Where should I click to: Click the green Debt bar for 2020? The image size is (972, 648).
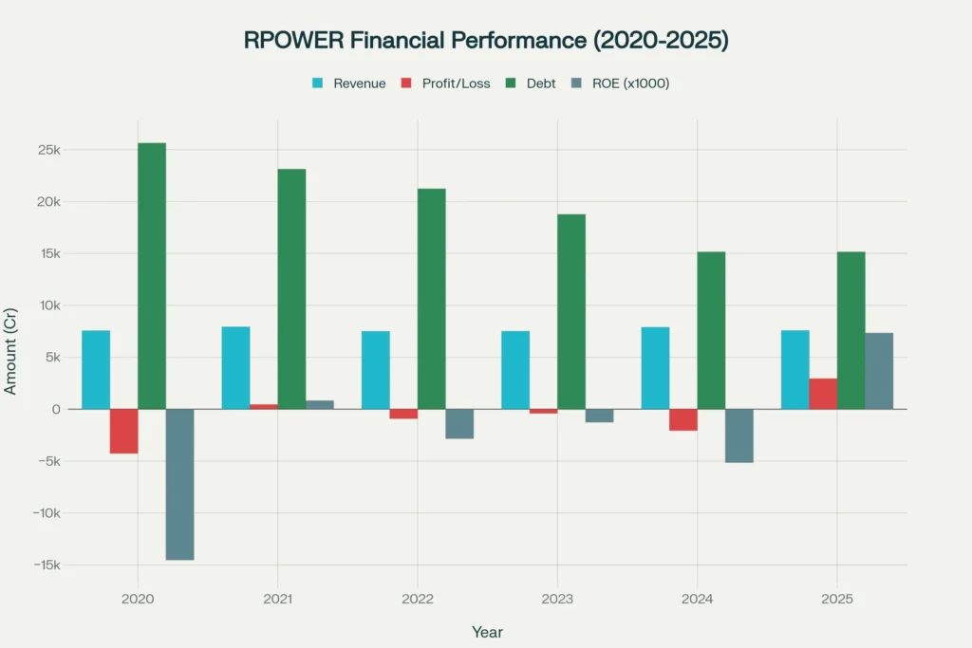pos(152,275)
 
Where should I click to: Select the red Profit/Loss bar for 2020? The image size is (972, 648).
pos(123,431)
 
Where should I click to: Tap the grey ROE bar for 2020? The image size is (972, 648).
pos(179,484)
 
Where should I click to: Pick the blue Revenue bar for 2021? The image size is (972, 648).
pos(235,368)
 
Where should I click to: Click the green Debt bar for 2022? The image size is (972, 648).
pos(431,298)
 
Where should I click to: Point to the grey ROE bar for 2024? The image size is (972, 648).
pos(738,435)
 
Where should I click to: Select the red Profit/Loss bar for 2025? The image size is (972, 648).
pos(823,394)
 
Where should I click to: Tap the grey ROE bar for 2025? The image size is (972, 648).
pos(879,371)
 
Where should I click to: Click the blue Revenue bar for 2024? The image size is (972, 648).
pos(655,368)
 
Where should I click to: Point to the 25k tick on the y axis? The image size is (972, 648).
pos(49,150)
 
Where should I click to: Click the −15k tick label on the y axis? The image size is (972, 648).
pos(44,565)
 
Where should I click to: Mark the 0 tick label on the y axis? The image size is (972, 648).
pos(57,409)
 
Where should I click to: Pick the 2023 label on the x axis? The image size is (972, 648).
pos(557,599)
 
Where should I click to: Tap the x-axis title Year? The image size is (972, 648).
pos(488,632)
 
